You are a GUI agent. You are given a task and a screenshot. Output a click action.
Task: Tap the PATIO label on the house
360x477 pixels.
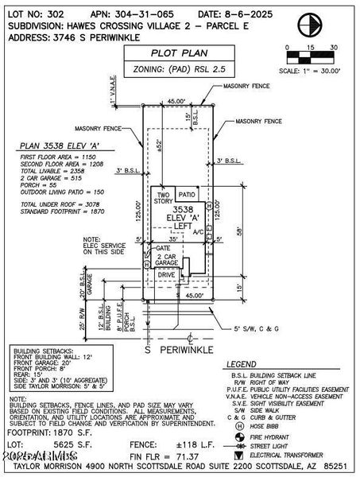point(187,195)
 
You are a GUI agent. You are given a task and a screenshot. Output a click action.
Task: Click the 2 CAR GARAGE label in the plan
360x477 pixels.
point(165,261)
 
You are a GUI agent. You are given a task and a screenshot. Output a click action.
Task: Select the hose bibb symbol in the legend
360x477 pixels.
point(239,424)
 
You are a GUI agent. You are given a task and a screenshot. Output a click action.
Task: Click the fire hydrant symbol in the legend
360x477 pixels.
point(239,436)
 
